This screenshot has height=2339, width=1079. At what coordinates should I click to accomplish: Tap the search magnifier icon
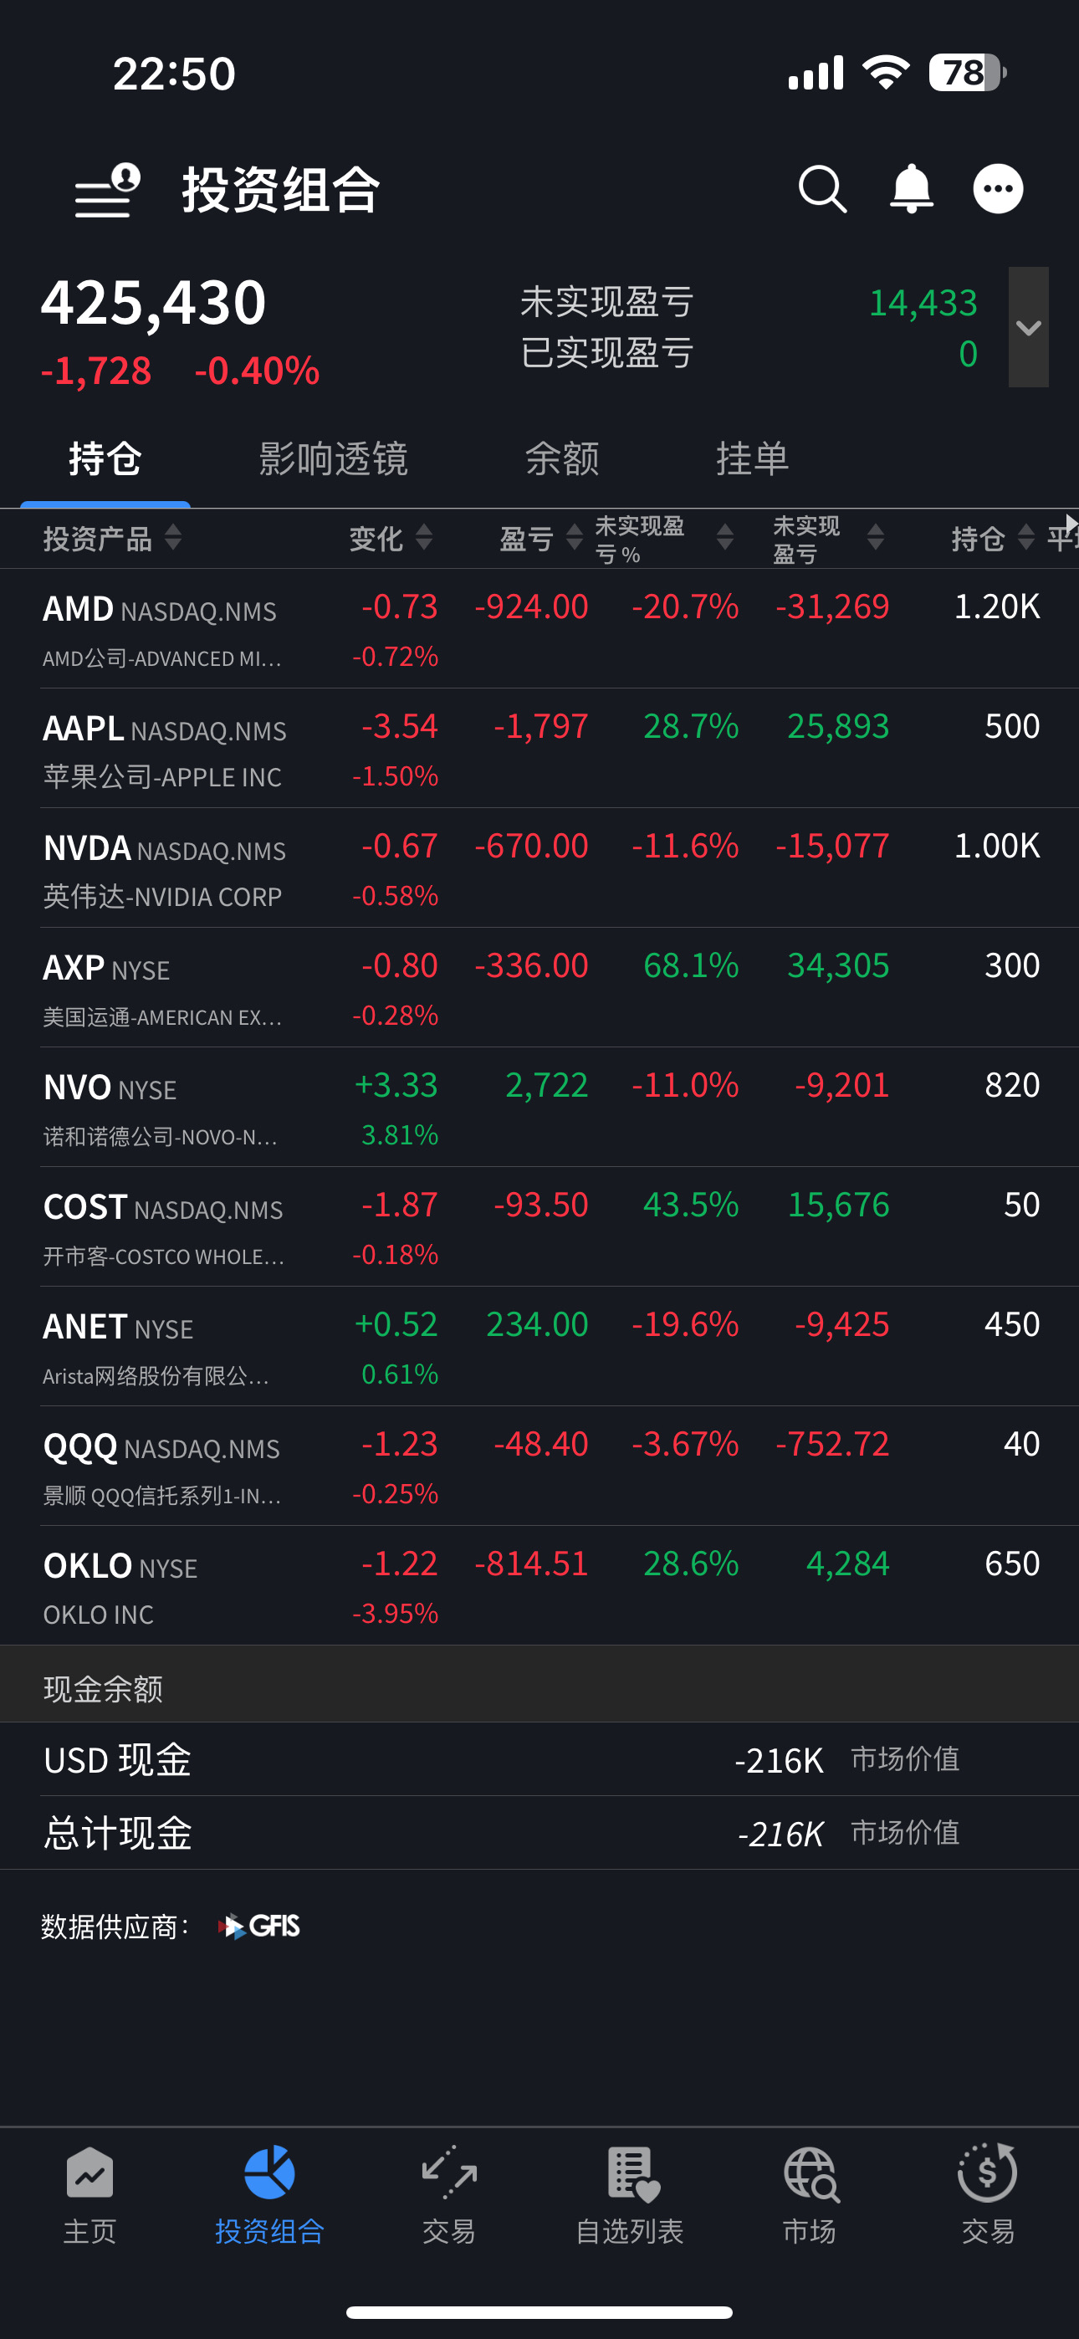coord(822,189)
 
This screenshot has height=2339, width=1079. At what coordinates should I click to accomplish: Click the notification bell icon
coord(911,189)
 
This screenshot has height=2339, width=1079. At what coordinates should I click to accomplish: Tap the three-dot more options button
coord(998,189)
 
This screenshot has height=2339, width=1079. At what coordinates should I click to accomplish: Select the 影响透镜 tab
coord(334,458)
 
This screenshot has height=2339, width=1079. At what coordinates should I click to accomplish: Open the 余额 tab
coord(562,458)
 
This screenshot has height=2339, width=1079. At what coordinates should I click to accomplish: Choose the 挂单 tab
coord(752,458)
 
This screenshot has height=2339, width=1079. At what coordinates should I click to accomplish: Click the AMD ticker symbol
coord(78,608)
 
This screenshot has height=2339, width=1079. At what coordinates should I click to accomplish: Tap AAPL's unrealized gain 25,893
coord(837,726)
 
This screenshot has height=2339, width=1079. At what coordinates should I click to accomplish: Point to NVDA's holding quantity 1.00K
coord(996,847)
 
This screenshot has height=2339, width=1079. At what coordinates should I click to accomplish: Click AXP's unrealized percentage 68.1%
coord(690,966)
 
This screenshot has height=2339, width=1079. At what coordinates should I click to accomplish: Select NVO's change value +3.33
coord(396,1085)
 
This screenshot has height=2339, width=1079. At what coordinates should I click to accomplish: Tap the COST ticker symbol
coord(84,1207)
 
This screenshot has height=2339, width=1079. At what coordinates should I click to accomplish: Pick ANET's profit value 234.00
coord(537,1325)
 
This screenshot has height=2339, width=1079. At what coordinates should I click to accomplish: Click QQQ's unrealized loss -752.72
coord(832,1445)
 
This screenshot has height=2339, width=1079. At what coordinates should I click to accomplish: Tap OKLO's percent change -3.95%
coord(395,1614)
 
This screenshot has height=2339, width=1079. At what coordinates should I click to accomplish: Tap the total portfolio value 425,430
coord(154,302)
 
